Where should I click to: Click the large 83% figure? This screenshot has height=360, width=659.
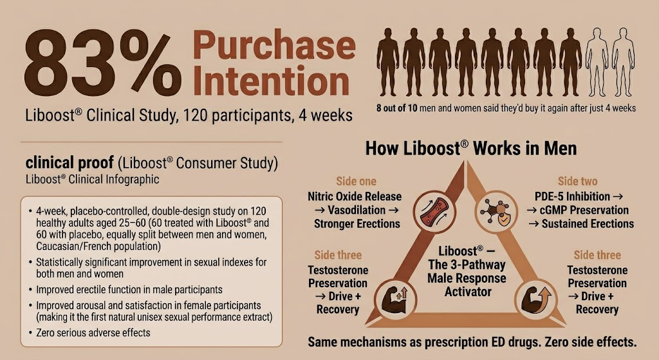tap(103, 62)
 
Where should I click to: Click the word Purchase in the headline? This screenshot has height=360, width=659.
tap(274, 46)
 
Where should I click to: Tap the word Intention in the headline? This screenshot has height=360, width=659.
tap(272, 80)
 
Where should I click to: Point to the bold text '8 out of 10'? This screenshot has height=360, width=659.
tap(396, 108)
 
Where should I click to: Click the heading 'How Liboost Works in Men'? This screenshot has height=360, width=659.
tap(471, 149)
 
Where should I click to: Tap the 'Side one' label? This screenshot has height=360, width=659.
tap(356, 181)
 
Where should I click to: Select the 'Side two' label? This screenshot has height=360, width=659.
tap(577, 181)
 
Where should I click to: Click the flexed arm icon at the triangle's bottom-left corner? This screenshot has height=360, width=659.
tap(395, 299)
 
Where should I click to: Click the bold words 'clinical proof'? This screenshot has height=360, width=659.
tap(70, 162)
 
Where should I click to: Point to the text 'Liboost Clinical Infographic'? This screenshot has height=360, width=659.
tap(92, 179)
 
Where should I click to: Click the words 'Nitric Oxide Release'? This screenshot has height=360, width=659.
tap(355, 196)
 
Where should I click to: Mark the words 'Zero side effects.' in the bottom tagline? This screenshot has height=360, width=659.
tap(591, 342)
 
